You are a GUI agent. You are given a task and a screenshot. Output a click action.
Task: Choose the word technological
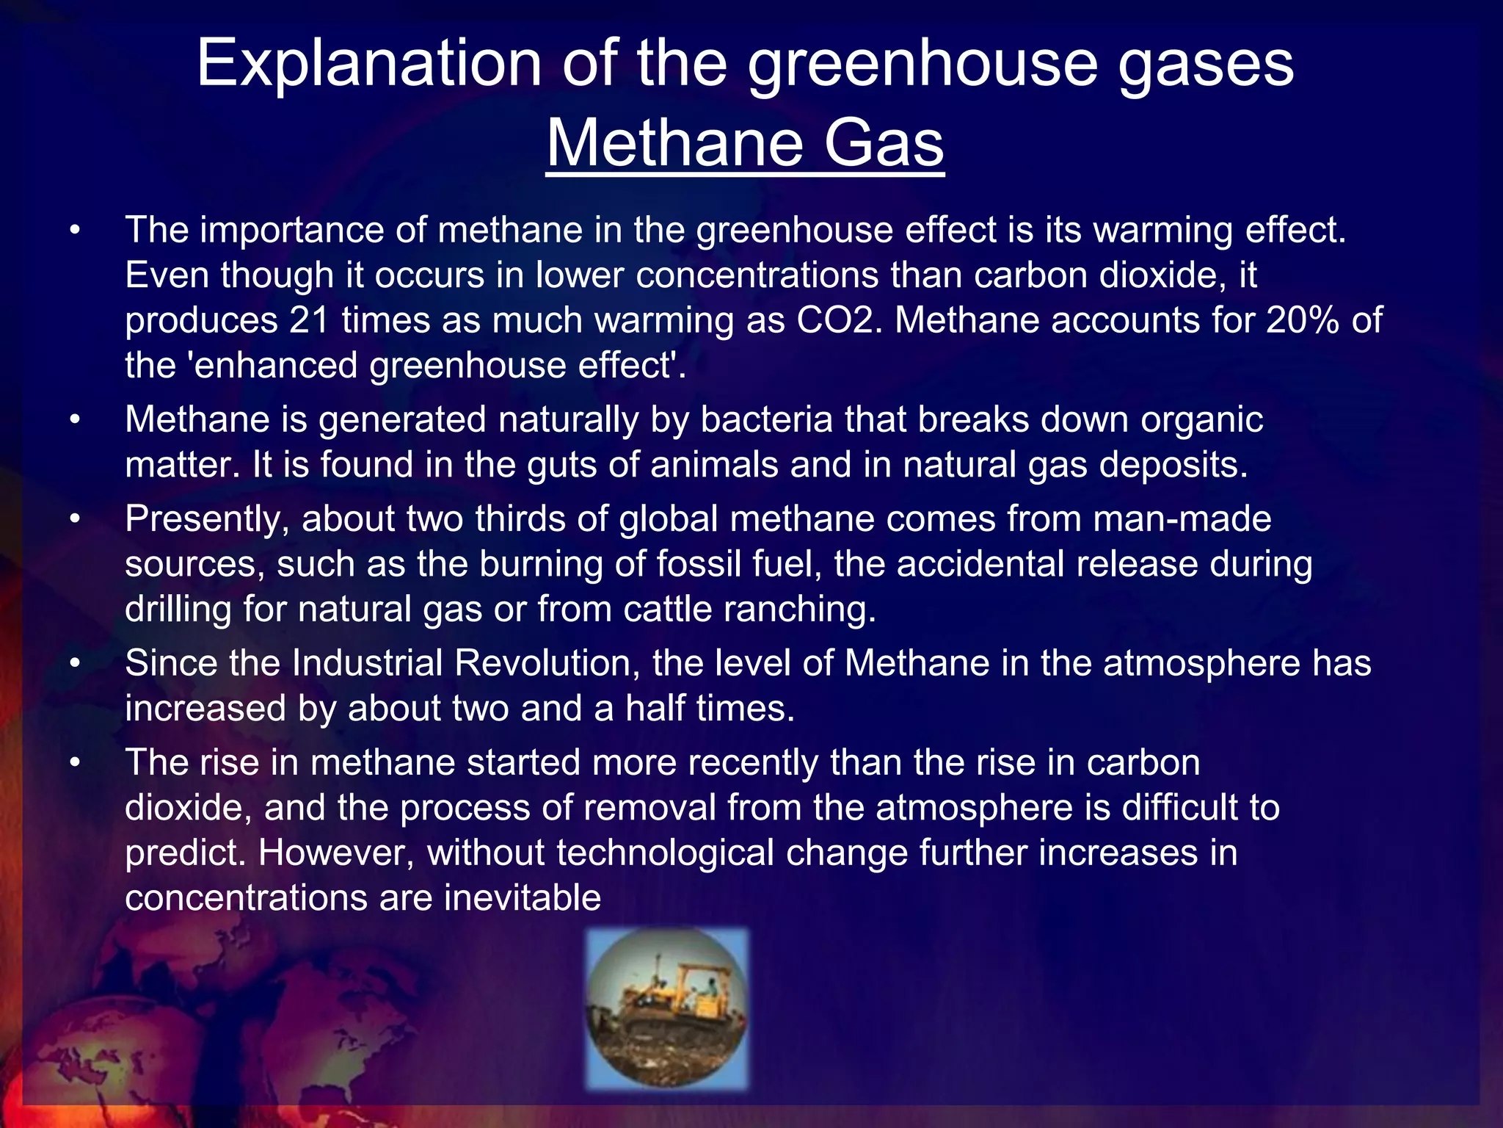(665, 853)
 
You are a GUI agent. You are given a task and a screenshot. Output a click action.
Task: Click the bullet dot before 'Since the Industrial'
(74, 663)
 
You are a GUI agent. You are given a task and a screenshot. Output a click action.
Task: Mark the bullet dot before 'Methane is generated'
(74, 419)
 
